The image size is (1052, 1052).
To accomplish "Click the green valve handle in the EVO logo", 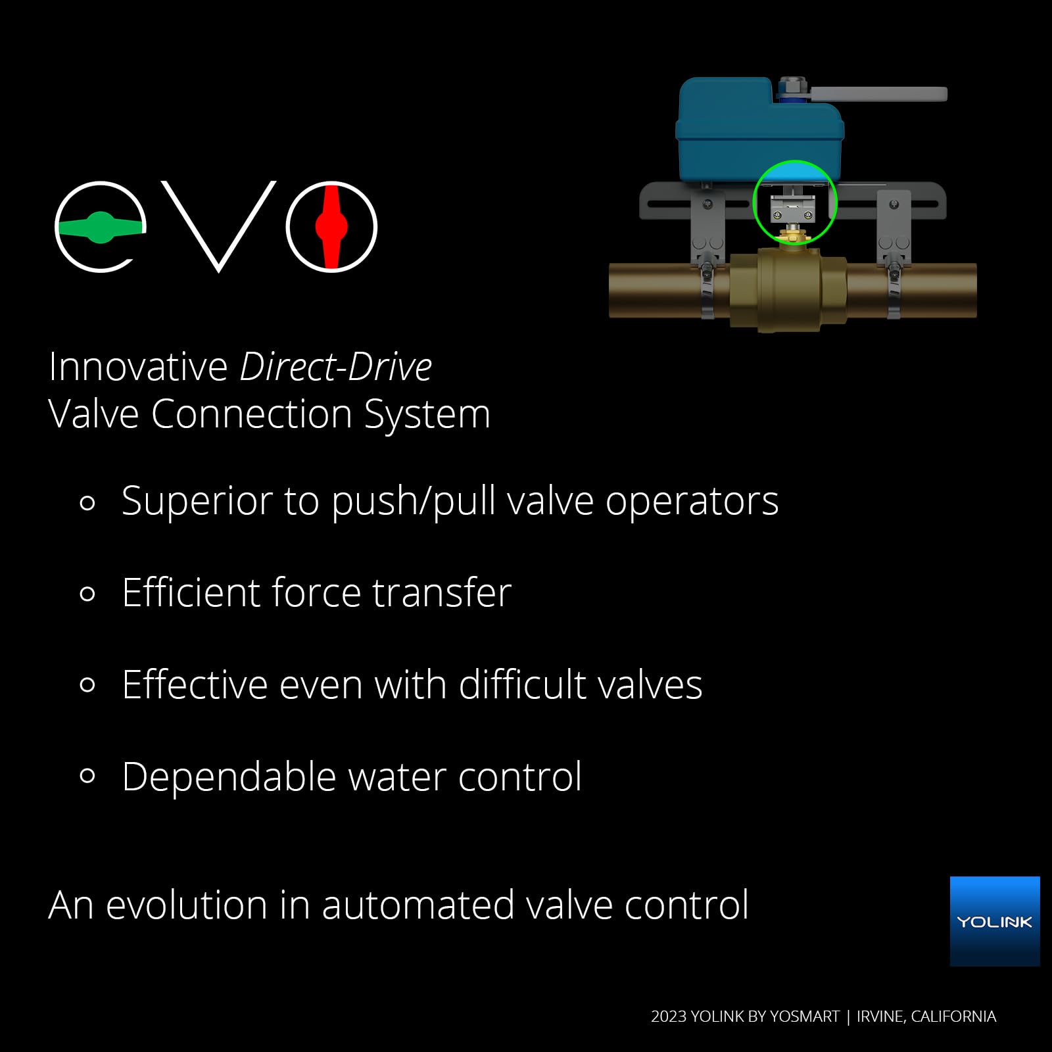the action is pos(101,227).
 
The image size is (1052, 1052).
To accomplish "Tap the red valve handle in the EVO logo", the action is pos(331,227).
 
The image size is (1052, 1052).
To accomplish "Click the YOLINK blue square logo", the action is pos(995,921).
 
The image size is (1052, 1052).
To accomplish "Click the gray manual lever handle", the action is pos(878,95).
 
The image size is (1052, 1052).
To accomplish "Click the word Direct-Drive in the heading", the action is pos(336,366).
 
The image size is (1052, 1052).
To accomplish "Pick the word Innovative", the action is pos(138,366).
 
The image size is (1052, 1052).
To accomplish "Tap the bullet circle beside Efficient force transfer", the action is pos(87,594).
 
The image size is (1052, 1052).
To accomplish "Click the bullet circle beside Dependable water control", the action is pos(87,777).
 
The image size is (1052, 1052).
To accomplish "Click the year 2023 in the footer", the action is pos(669,1016).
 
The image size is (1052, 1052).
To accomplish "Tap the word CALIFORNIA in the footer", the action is pos(953,1016).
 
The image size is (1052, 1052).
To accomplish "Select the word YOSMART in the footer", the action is pos(805,1016).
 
